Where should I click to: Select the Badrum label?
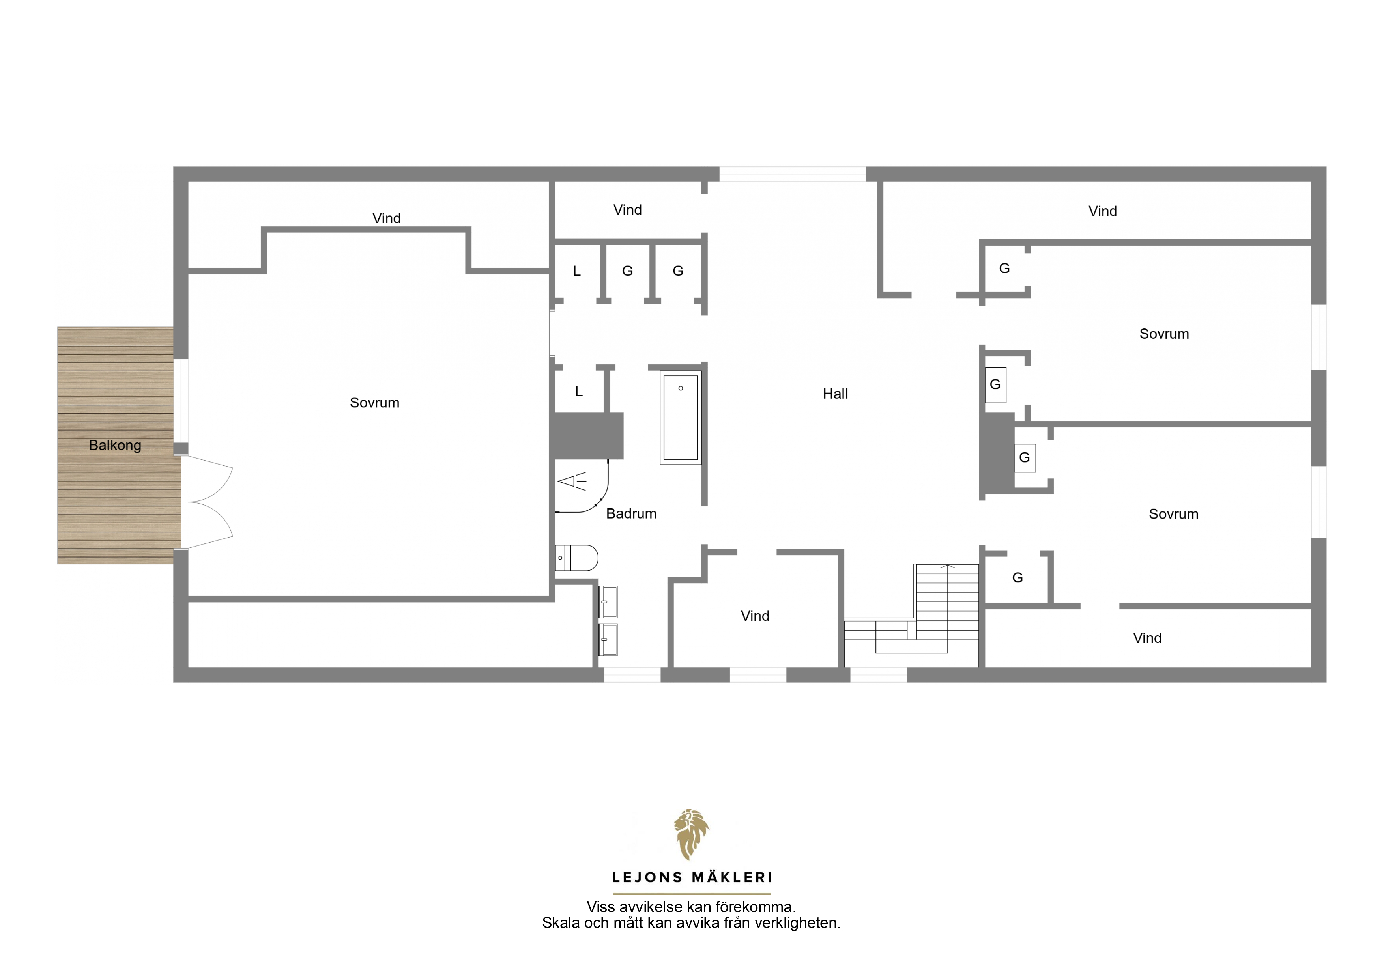631,513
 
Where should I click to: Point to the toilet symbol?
576,558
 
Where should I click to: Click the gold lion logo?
691,834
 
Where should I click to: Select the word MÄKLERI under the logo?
732,877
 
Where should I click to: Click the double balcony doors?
207,502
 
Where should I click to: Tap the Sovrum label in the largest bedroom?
374,403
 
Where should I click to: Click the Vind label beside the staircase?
755,616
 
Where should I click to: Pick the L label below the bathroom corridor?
579,392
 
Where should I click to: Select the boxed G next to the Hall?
995,384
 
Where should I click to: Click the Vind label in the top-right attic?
1102,211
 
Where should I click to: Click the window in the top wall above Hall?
793,174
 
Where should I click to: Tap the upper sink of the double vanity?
608,602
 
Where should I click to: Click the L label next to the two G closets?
577,271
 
